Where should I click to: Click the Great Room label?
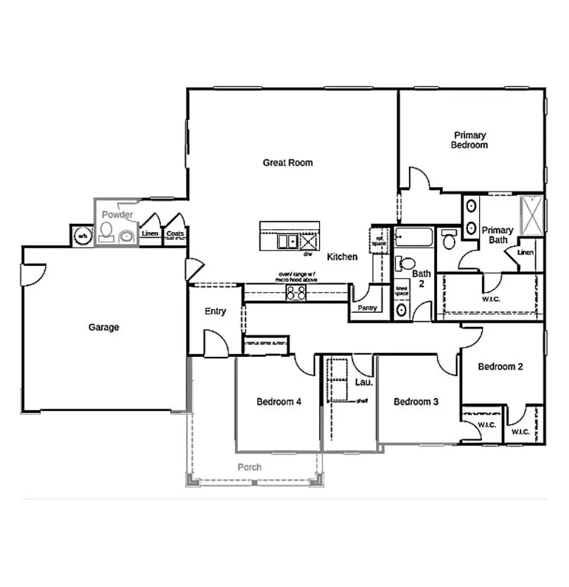[288, 163]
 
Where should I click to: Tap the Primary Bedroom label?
[469, 140]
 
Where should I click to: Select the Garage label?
[104, 327]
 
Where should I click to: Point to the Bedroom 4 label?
[279, 402]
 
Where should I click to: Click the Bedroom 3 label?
[416, 402]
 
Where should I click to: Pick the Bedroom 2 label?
[500, 366]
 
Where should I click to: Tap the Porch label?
[249, 467]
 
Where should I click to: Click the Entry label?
[215, 311]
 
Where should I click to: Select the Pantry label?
[367, 308]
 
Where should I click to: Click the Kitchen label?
[342, 257]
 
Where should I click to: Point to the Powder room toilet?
[107, 231]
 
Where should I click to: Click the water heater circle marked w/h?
[82, 236]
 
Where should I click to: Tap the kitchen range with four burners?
[296, 292]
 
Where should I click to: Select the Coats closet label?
[175, 234]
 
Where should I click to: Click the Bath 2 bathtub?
[413, 238]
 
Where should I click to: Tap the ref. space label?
[380, 240]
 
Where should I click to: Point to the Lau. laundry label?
[363, 382]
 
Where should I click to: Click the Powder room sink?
[128, 236]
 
